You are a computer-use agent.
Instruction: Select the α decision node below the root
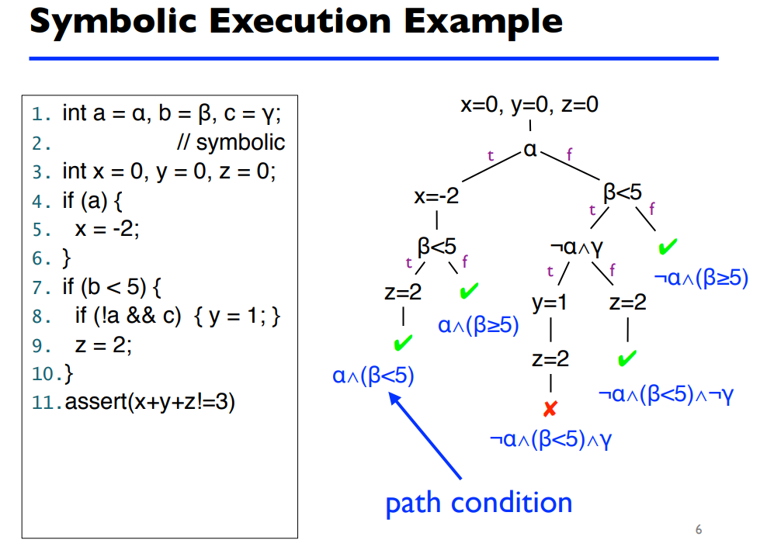530,149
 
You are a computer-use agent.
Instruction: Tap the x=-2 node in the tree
436,196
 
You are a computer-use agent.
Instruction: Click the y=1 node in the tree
550,303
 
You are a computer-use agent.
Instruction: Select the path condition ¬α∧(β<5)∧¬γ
666,394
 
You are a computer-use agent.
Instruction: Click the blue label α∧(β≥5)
478,325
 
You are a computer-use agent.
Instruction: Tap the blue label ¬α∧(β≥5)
700,278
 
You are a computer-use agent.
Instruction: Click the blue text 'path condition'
478,503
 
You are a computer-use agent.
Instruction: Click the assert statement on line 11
150,403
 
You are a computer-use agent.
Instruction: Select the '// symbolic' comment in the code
231,142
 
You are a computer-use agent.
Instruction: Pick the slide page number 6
698,530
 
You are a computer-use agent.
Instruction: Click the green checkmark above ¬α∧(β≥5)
666,248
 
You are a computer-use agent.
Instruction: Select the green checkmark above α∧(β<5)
402,342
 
